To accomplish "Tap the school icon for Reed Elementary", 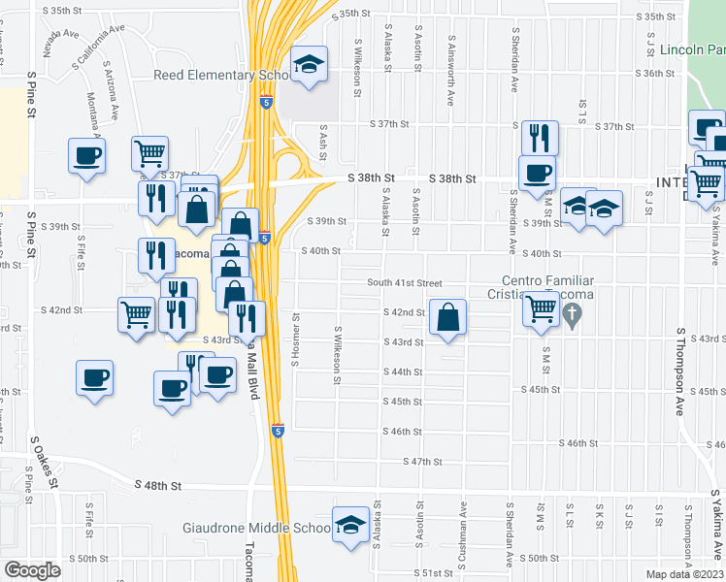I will pos(309,65).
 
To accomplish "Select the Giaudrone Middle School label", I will pos(258,529).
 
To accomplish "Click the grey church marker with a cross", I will pos(573,315).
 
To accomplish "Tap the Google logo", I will pos(32,569).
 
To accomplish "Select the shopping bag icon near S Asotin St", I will pos(447,318).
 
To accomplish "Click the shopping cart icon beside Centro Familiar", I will pos(541,309).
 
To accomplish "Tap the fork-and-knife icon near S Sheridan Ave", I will pos(538,139).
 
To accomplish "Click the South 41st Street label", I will pos(404,282).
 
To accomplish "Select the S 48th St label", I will pos(161,484).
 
